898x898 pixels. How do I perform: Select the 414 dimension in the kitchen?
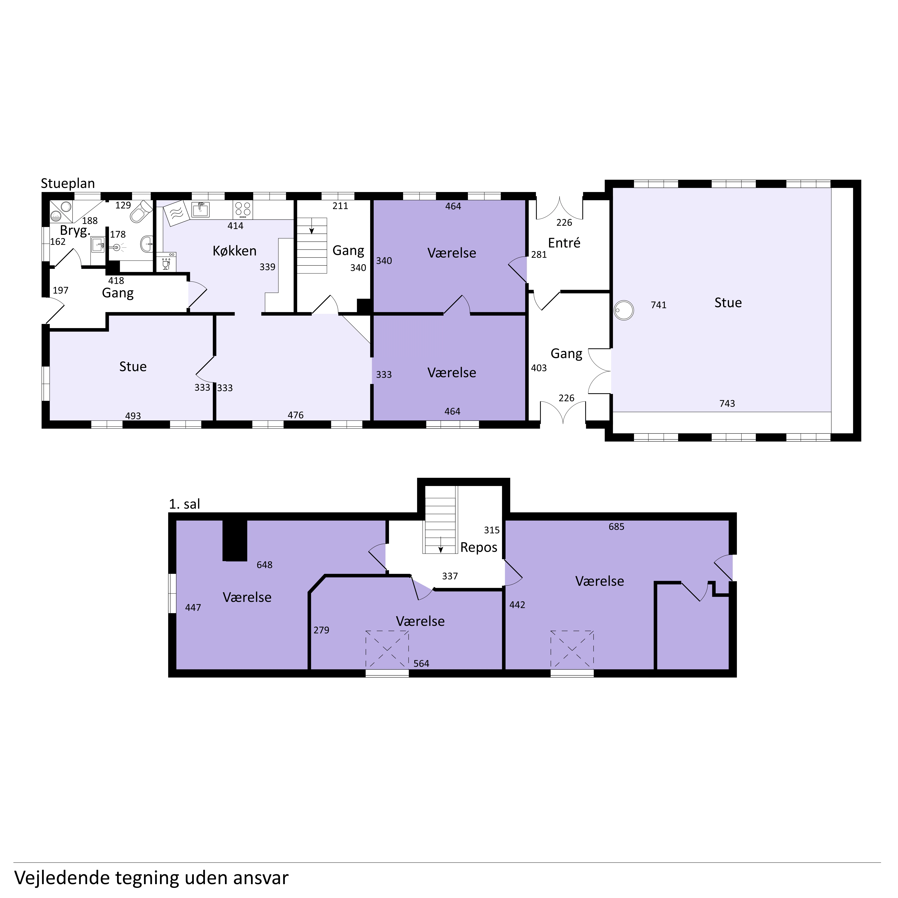235,226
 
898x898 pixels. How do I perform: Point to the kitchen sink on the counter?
200,210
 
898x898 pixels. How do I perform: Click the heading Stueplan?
68,184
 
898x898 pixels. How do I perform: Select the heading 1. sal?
185,504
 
